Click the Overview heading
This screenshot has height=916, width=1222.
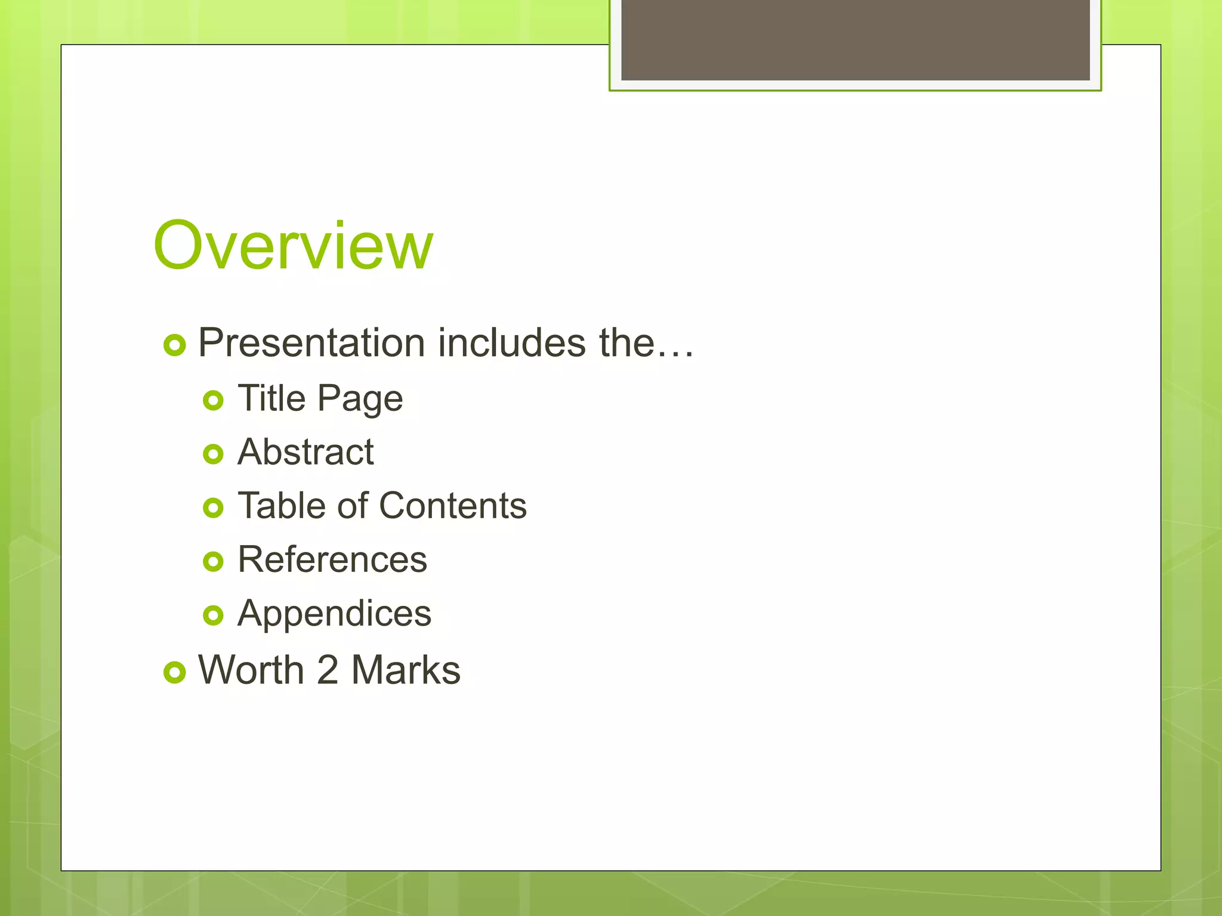tap(293, 246)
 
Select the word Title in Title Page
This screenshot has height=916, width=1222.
tap(271, 398)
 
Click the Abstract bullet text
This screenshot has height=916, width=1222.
tap(305, 452)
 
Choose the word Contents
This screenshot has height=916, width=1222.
tap(453, 506)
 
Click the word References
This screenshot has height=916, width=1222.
tap(332, 559)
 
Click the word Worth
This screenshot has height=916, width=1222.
tap(251, 670)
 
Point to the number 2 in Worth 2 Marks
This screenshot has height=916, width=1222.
tap(328, 670)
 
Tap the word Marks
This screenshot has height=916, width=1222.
tap(406, 670)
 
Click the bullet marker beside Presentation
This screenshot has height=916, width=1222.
tap(175, 345)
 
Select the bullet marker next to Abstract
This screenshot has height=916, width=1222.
tap(213, 454)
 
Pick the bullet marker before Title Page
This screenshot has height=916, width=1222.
tap(213, 400)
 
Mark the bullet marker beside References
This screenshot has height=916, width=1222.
tap(213, 561)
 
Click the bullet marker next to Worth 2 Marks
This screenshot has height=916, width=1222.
tap(175, 673)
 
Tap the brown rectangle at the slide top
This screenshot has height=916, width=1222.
tap(855, 39)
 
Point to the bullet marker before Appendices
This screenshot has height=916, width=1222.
tap(213, 615)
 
